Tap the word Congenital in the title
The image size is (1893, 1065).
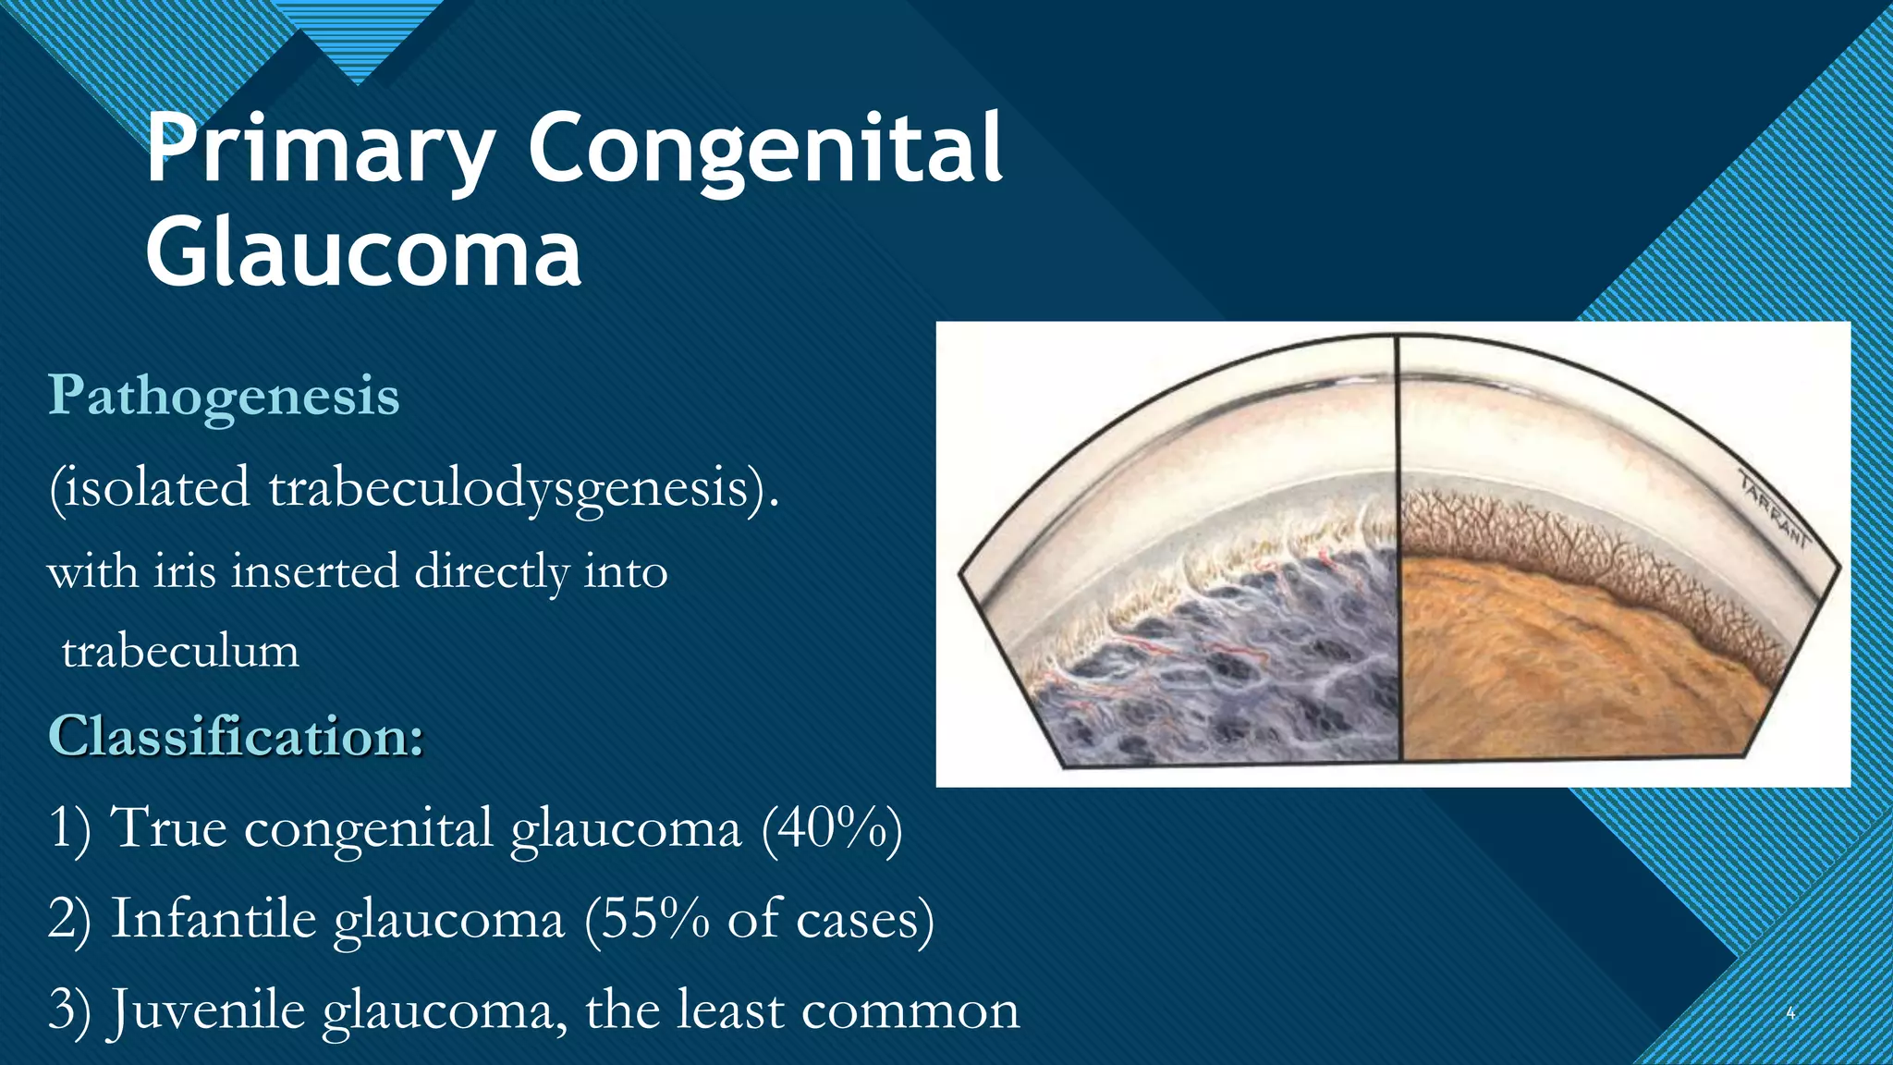764,148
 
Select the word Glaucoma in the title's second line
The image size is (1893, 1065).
363,251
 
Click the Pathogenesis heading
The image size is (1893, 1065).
224,396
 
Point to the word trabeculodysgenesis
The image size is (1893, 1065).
517,487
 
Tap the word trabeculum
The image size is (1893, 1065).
180,651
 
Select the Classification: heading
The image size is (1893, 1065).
236,736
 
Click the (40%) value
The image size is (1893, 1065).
832,826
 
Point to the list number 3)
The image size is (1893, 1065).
69,1010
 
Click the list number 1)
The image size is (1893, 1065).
69,826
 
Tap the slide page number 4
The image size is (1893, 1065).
1790,1013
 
